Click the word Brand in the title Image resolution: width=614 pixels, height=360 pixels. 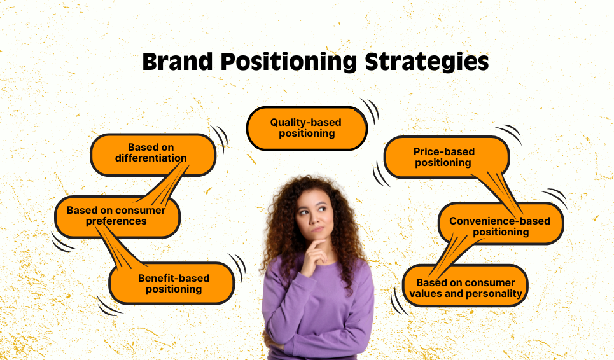pyautogui.click(x=178, y=62)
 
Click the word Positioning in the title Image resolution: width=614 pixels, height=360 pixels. pyautogui.click(x=289, y=62)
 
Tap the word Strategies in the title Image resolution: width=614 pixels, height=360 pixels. pyautogui.click(x=427, y=62)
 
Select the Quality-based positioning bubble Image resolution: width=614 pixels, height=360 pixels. pyautogui.click(x=307, y=128)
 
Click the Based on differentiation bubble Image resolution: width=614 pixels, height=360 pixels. pyautogui.click(x=153, y=155)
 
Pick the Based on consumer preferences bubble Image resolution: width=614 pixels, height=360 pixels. pyautogui.click(x=117, y=217)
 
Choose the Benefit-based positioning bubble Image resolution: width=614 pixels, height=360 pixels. pyautogui.click(x=172, y=283)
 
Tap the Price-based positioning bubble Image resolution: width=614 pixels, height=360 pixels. pyautogui.click(x=447, y=157)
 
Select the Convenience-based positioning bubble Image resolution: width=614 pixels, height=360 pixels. pyautogui.click(x=501, y=223)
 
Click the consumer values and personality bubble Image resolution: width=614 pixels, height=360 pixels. pyautogui.click(x=465, y=286)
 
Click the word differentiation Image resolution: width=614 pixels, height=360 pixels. pyautogui.click(x=151, y=158)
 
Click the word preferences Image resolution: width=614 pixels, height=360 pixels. pyautogui.click(x=116, y=221)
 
